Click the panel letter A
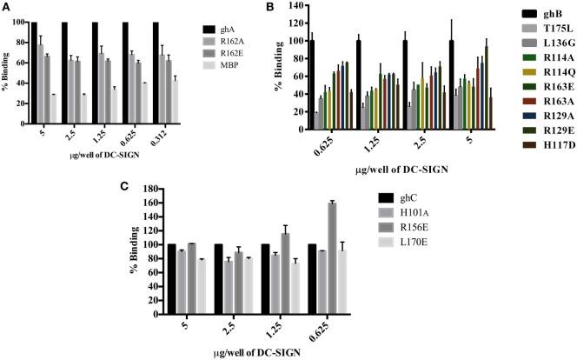coord(6,7)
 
